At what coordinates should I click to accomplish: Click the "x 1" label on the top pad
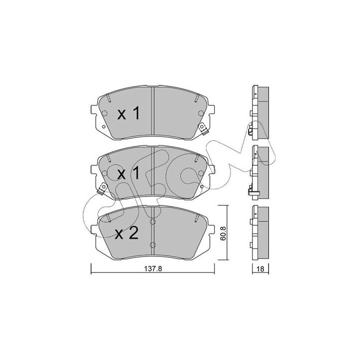(x=128, y=113)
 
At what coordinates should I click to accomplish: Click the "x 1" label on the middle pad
(x=128, y=173)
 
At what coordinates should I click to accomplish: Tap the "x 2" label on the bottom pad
(x=127, y=233)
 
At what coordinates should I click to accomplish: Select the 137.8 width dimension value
(x=153, y=268)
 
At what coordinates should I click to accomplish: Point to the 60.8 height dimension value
(x=222, y=233)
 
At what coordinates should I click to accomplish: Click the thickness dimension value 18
(x=260, y=268)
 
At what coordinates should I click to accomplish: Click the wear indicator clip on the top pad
(x=202, y=128)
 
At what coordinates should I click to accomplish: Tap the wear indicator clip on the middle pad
(x=102, y=188)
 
